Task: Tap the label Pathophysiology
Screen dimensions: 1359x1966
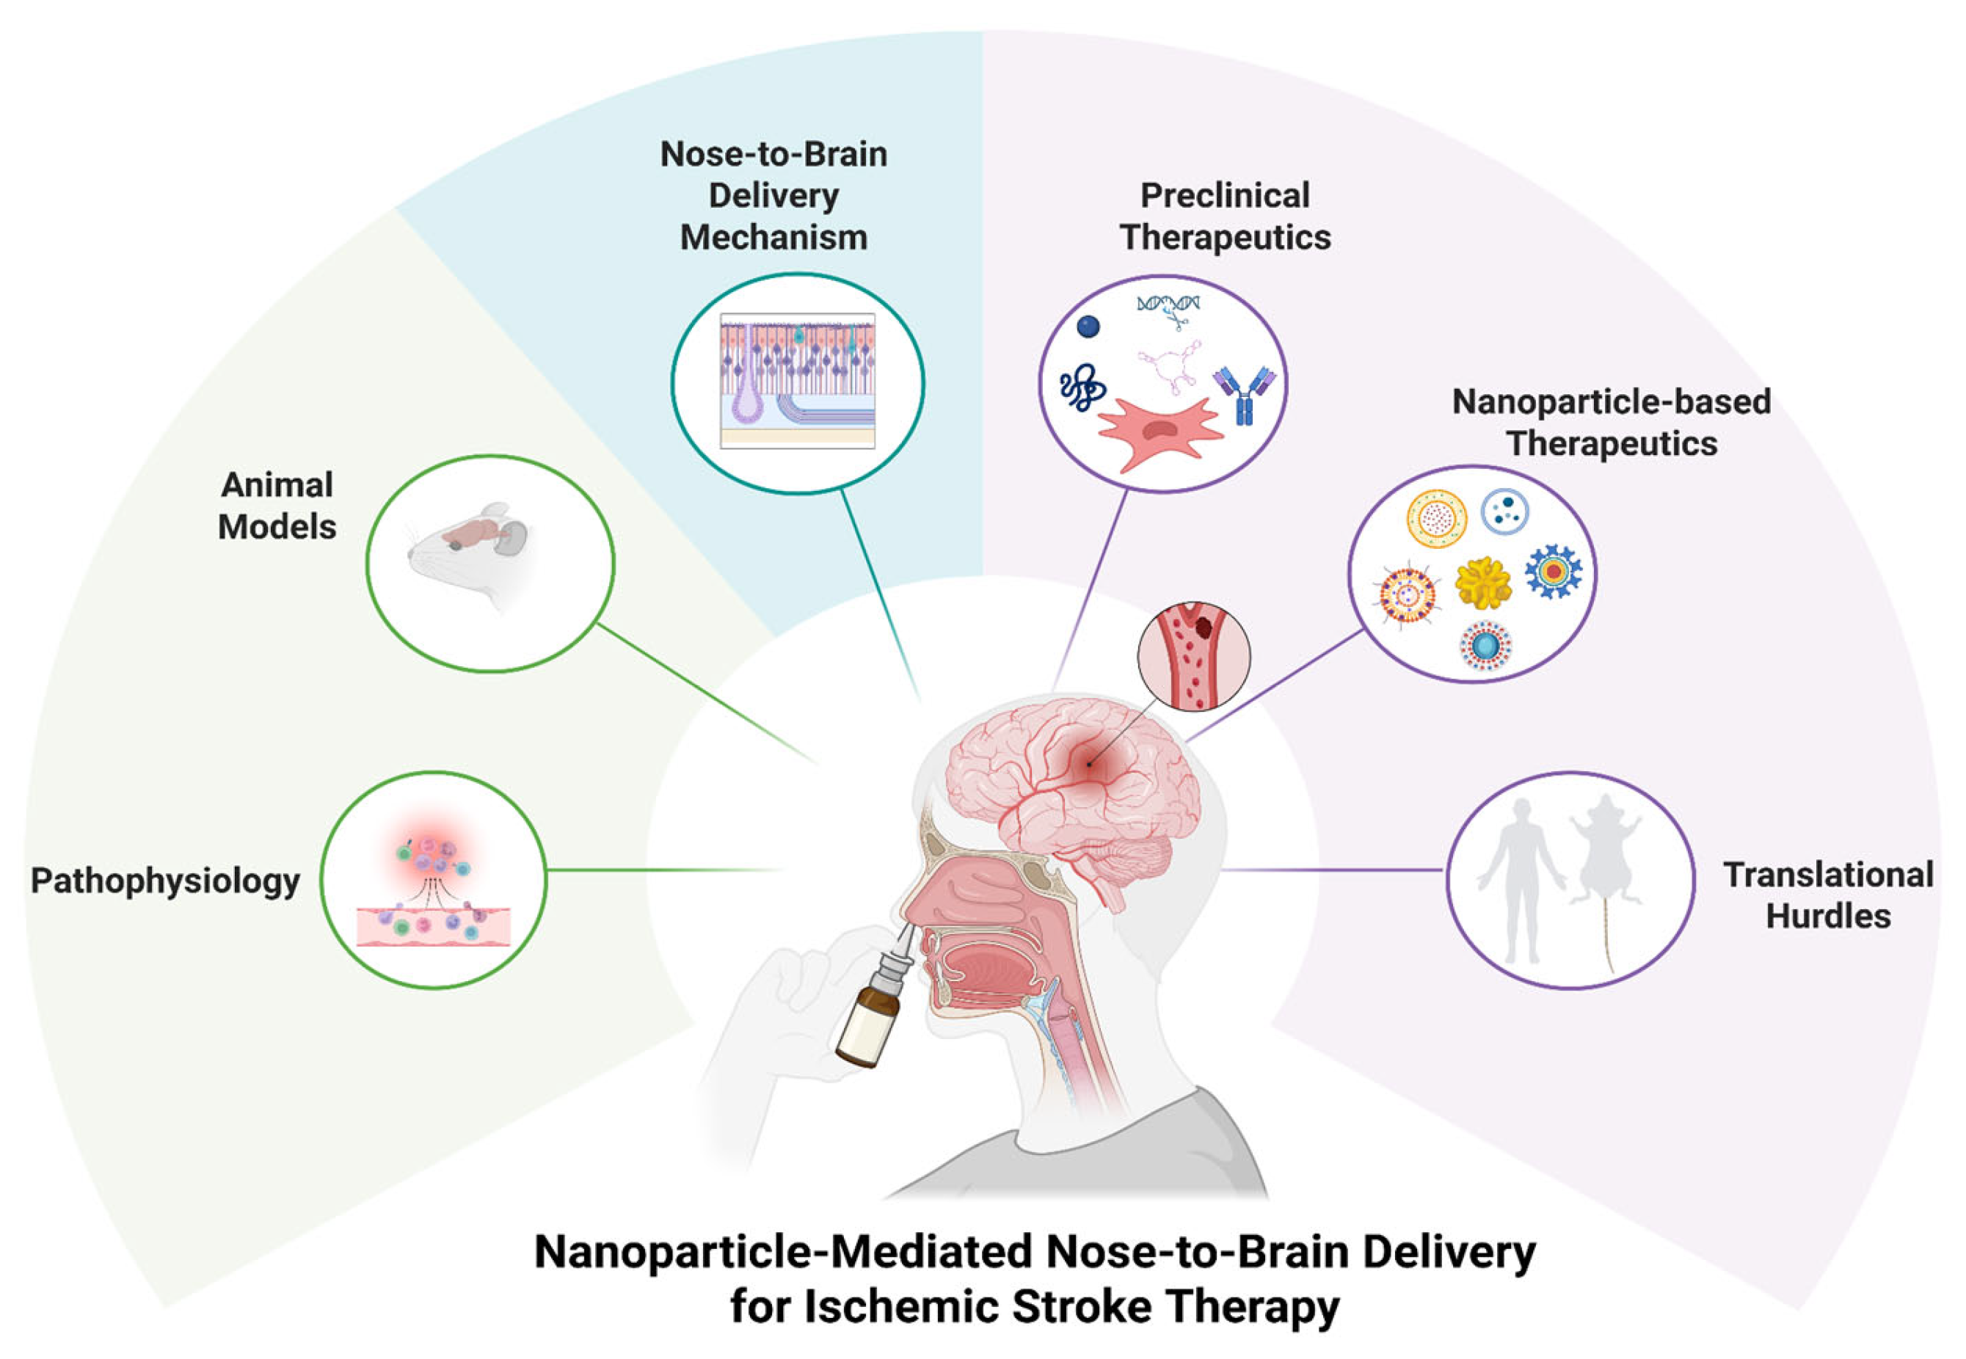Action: point(165,881)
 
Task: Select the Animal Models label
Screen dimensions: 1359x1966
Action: point(277,506)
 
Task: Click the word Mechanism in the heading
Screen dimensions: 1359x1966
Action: point(773,237)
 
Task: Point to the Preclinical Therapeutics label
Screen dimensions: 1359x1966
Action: point(1224,216)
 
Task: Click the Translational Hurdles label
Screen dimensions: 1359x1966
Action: point(1827,895)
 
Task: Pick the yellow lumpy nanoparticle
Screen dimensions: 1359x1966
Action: point(1482,583)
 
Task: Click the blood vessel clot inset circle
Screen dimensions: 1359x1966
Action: point(1194,656)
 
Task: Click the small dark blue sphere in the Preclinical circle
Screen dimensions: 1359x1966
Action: point(1088,326)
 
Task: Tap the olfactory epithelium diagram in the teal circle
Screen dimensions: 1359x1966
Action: point(797,381)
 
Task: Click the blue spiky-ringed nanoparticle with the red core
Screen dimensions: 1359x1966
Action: point(1553,570)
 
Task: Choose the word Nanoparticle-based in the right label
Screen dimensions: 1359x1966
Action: point(1611,402)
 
